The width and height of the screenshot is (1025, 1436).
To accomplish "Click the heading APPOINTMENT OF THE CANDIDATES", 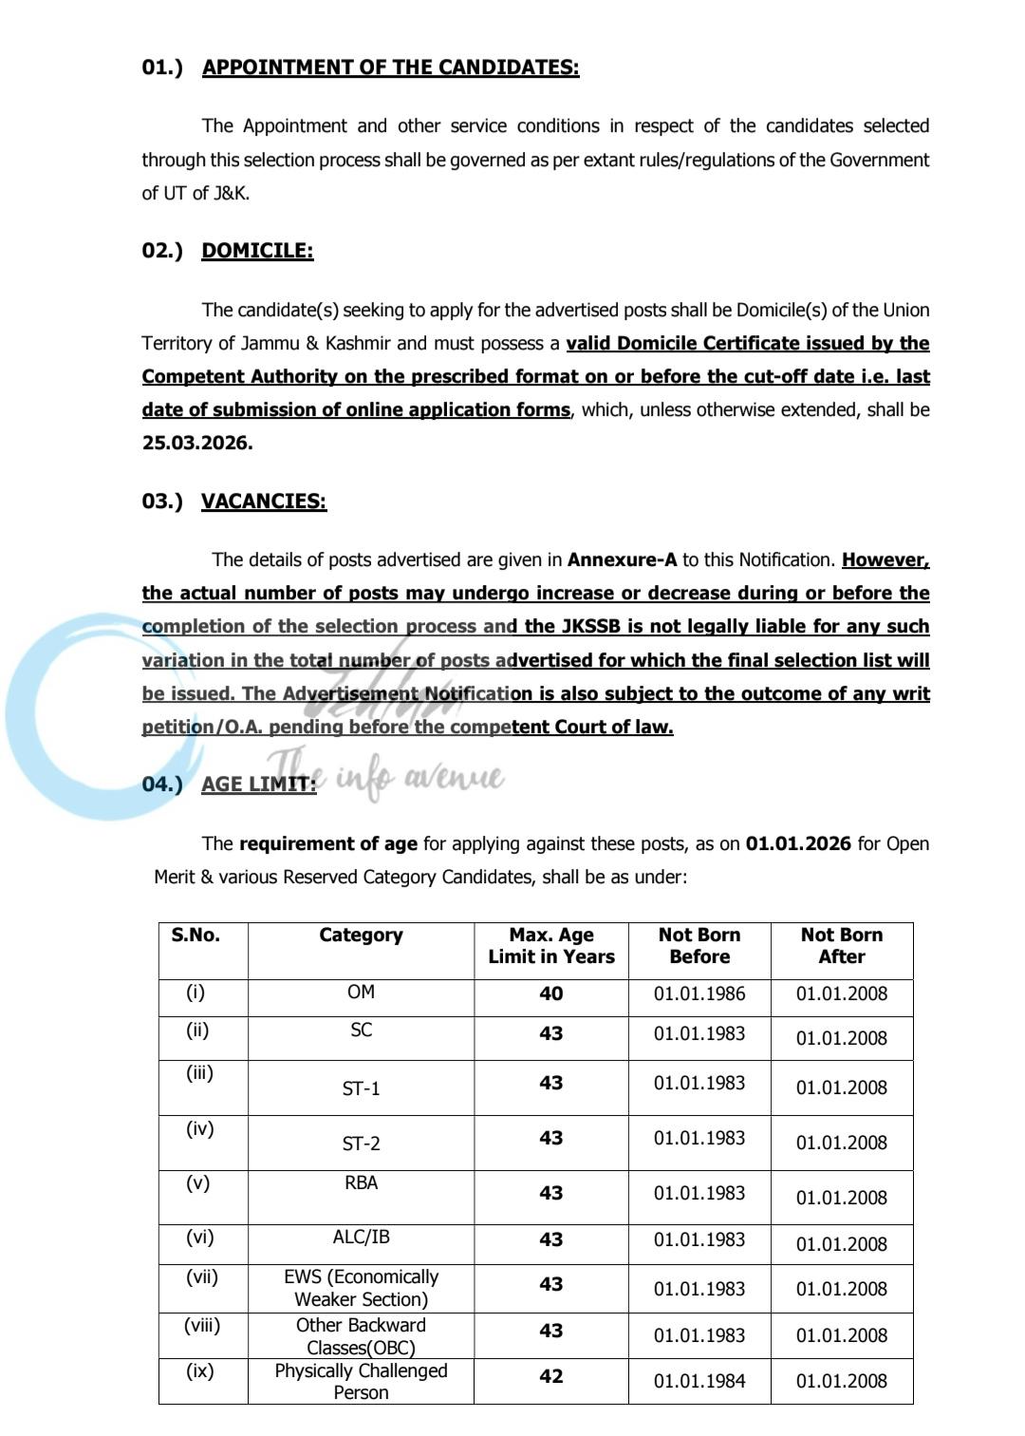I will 390,67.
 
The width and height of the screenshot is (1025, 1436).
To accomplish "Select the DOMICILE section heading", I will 257,251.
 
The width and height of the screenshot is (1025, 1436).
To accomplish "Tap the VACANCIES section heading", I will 264,501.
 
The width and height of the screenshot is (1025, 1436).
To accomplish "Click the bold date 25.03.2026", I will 197,444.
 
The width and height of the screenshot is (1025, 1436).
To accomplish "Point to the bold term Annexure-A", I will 623,560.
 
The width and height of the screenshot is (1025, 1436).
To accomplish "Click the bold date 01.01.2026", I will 798,844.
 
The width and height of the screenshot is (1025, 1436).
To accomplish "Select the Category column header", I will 361,935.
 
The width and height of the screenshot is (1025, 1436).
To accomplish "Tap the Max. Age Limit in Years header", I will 550,946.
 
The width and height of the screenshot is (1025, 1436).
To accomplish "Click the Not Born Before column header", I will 699,946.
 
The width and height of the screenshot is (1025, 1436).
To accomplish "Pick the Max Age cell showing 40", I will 550,994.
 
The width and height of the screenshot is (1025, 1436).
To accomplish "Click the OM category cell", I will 361,992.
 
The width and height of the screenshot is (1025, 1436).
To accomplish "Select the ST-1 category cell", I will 361,1089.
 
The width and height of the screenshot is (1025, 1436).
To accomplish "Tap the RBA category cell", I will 361,1183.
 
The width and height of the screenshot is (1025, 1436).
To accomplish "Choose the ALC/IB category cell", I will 361,1238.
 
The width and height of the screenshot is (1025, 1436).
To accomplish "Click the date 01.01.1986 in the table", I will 699,994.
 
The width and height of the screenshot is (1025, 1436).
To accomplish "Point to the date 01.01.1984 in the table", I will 699,1381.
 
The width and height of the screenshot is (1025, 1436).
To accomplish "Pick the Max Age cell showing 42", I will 550,1377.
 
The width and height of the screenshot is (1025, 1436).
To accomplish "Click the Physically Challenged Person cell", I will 361,1382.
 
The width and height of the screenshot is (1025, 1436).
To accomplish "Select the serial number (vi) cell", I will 200,1238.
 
